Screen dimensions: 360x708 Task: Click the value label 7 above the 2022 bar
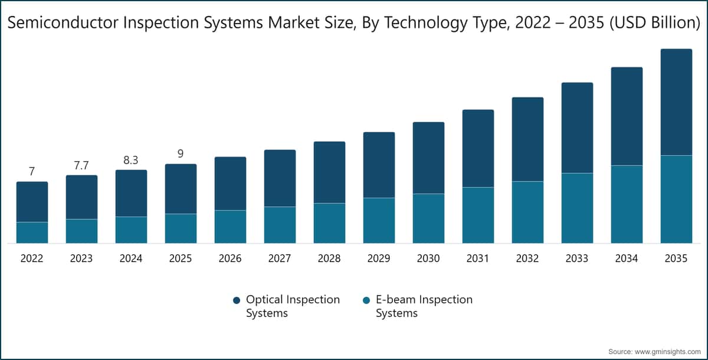point(32,172)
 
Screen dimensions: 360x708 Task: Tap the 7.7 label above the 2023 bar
point(81,165)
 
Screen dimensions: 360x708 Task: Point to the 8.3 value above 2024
point(131,160)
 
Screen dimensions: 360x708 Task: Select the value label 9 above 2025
point(181,154)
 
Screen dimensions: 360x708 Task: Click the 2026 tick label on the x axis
point(230,258)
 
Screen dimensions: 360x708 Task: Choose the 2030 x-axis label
point(428,258)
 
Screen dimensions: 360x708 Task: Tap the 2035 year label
point(676,258)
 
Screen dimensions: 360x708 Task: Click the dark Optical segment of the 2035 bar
point(676,102)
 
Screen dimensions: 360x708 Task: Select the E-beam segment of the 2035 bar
point(676,199)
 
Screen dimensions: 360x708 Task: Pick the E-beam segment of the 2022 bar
point(32,233)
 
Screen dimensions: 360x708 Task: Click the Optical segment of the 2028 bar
point(329,172)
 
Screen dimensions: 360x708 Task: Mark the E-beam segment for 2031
point(478,215)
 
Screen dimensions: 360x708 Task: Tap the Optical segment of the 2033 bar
point(577,127)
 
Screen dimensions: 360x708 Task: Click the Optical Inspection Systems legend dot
point(237,300)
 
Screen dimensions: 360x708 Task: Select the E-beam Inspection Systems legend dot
point(366,300)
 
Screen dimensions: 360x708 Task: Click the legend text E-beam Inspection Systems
point(424,306)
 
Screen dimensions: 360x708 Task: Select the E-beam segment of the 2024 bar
point(131,230)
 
